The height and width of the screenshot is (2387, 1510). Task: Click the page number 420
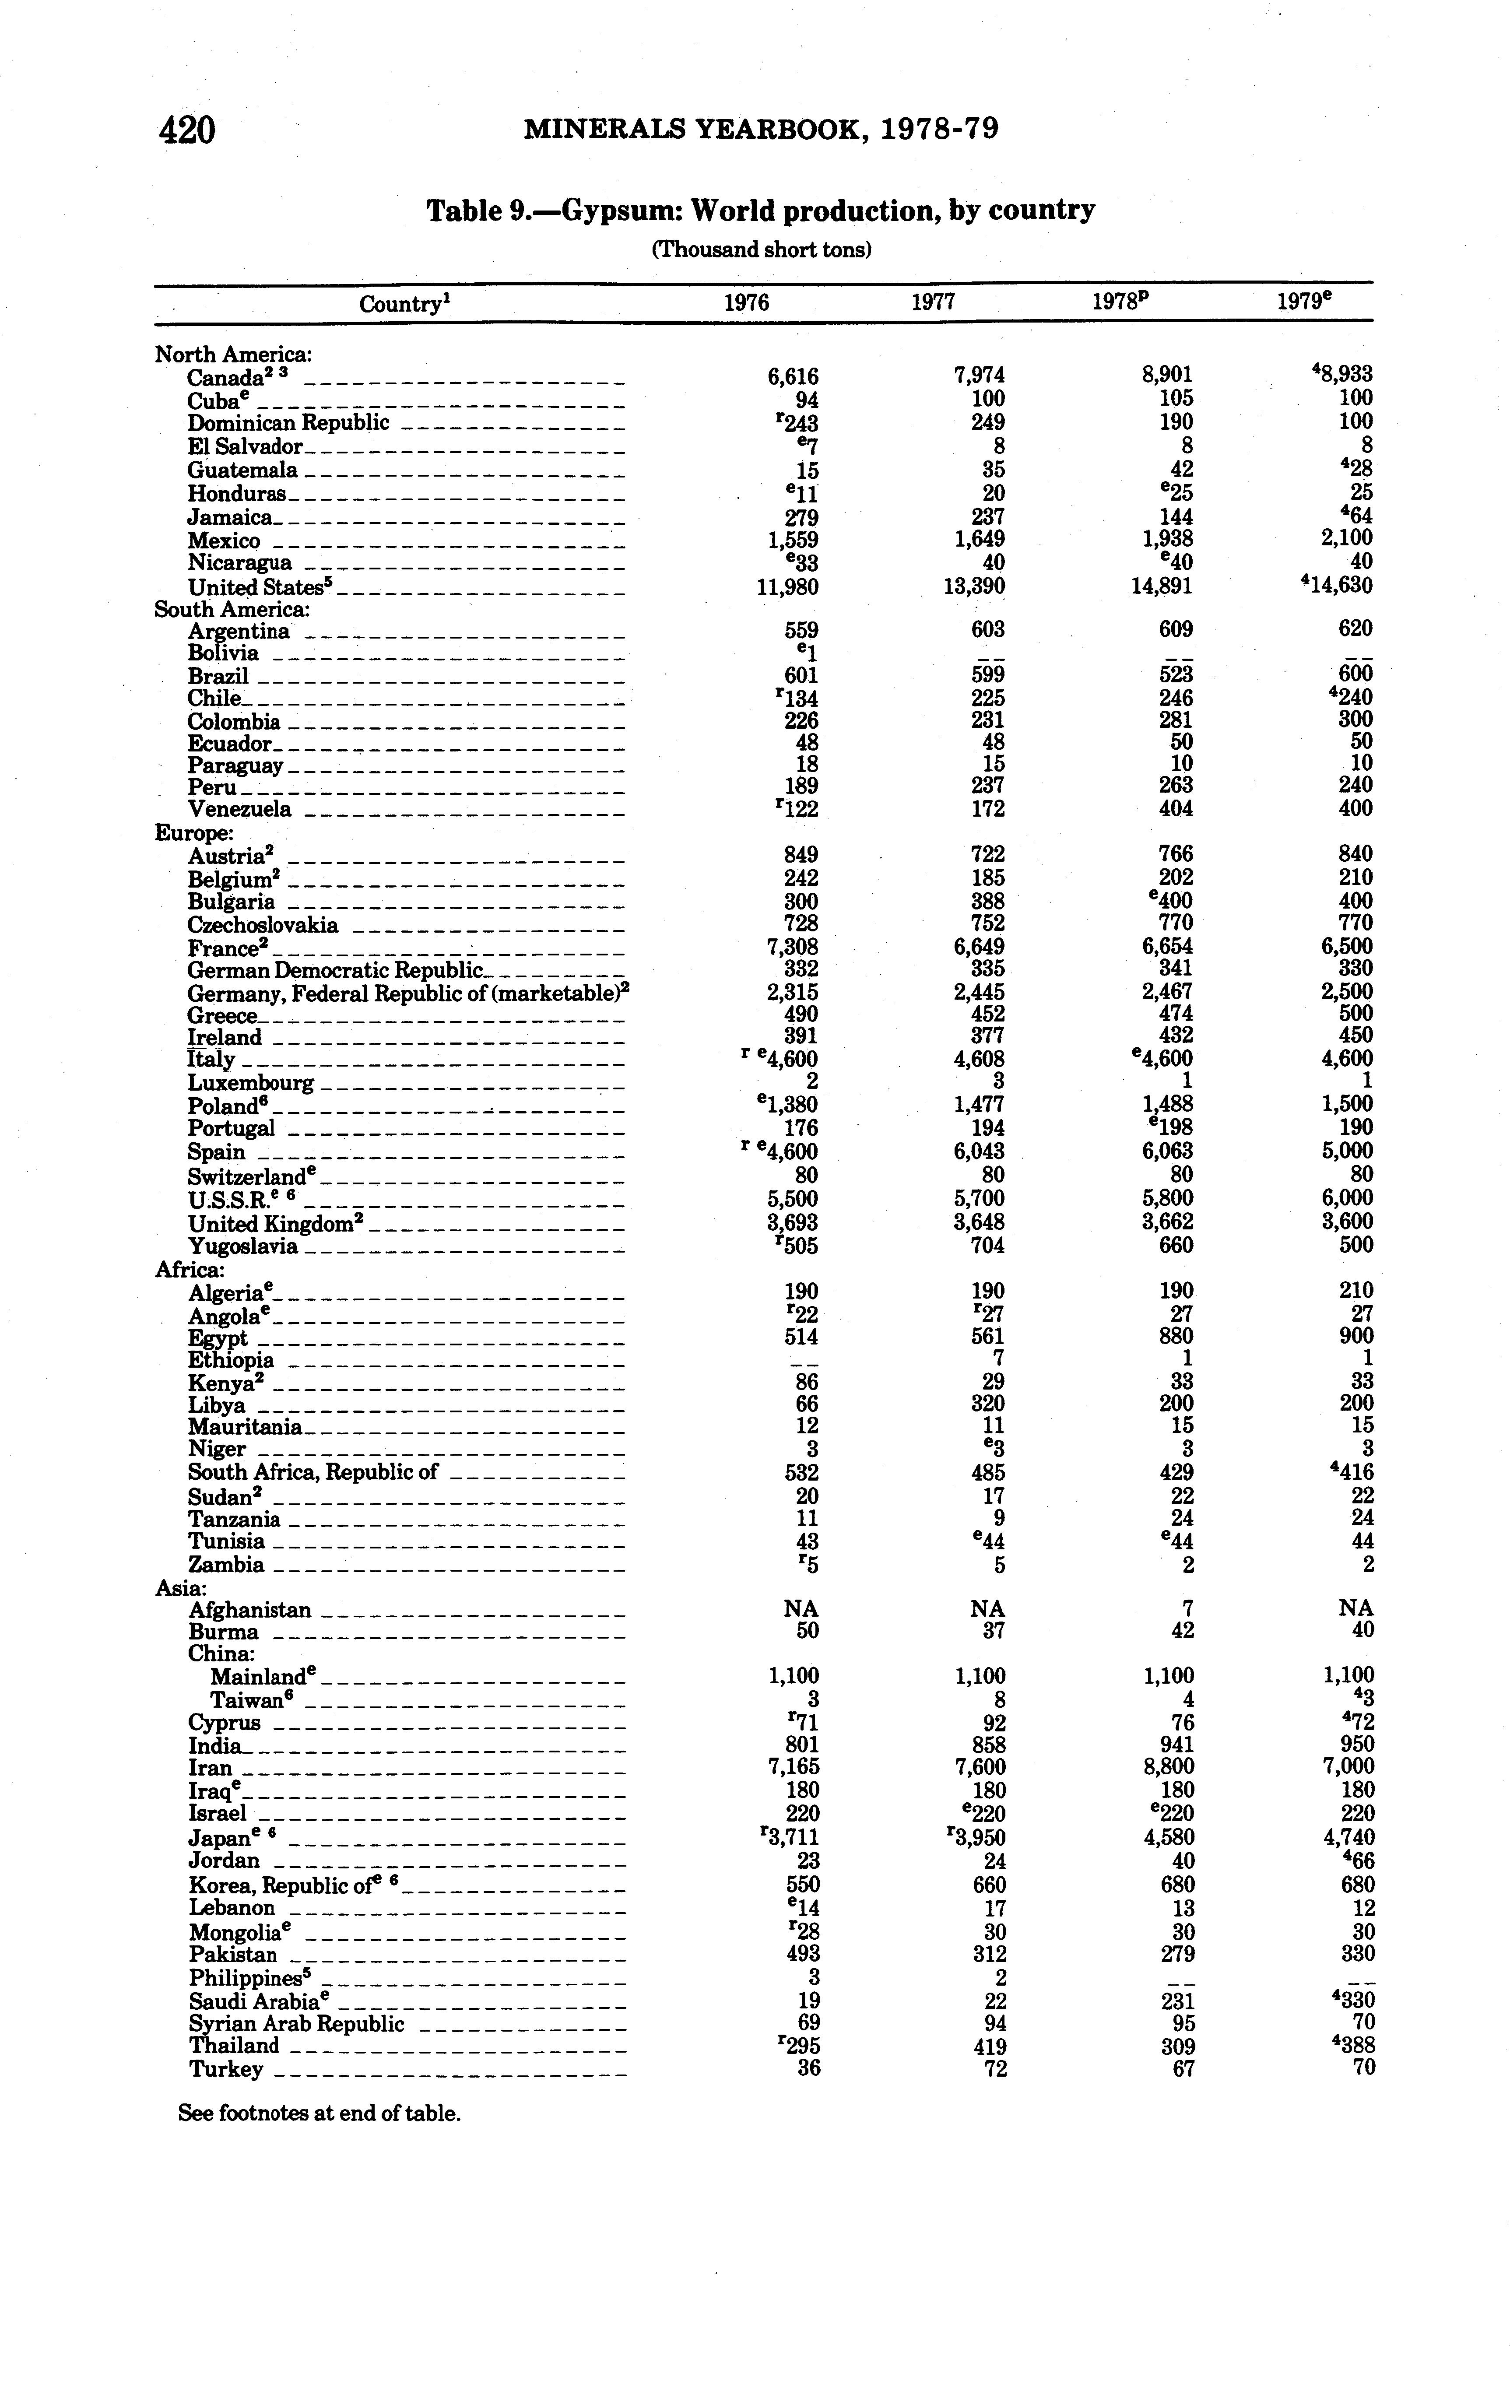click(x=187, y=130)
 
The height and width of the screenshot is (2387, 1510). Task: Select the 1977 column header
click(x=933, y=302)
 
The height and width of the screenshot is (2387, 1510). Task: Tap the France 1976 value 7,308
click(x=793, y=947)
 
